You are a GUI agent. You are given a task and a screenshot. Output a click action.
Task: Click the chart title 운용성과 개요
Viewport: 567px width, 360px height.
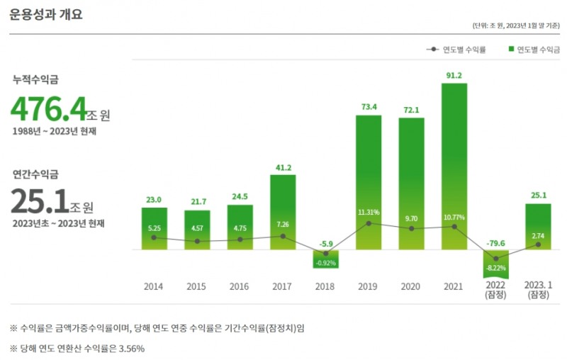coord(46,13)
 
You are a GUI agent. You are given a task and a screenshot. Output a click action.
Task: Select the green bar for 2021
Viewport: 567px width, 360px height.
coord(454,167)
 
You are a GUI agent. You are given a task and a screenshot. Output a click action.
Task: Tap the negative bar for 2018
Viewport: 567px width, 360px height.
coord(325,259)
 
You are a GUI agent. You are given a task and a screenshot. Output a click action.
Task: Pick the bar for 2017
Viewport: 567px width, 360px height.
coord(283,212)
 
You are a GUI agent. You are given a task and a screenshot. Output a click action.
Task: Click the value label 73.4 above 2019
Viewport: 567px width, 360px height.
coord(368,107)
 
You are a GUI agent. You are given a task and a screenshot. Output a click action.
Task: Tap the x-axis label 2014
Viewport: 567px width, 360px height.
coord(154,287)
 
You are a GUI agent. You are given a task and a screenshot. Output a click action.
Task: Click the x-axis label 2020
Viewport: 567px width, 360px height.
coord(410,287)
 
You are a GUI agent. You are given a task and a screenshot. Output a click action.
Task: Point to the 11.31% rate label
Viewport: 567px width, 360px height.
coord(369,212)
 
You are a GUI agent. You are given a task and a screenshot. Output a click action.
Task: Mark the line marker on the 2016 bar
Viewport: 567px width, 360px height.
coord(240,240)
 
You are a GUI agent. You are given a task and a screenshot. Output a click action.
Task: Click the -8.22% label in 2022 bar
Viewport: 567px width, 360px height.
coord(496,269)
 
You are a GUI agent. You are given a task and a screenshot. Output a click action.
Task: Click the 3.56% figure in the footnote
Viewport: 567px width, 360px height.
coord(132,348)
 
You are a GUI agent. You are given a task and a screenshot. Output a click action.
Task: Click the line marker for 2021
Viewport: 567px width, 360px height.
coord(454,227)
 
